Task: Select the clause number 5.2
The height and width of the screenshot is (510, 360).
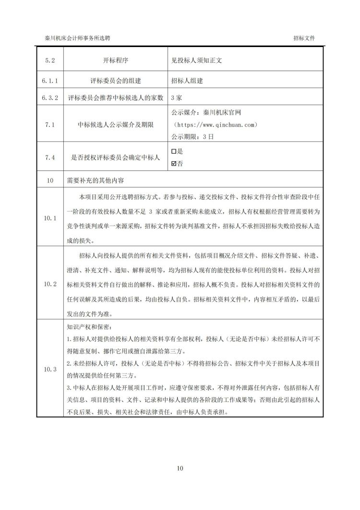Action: [x=50, y=61]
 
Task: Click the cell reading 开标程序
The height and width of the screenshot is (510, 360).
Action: [x=115, y=61]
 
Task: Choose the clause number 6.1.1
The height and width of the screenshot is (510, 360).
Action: [x=50, y=81]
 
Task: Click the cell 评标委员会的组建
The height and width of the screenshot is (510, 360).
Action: [x=115, y=81]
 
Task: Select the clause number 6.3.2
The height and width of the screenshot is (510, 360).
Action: [x=50, y=97]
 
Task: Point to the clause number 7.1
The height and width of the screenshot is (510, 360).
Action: [x=50, y=125]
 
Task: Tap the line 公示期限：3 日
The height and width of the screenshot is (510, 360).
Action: [x=192, y=136]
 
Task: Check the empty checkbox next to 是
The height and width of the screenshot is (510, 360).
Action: [x=174, y=151]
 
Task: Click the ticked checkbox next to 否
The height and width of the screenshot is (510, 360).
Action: [x=174, y=163]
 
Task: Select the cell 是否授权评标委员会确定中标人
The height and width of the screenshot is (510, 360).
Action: [x=115, y=157]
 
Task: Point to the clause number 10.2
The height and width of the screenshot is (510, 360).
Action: [x=50, y=284]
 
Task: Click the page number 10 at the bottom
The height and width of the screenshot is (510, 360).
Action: [x=180, y=468]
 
